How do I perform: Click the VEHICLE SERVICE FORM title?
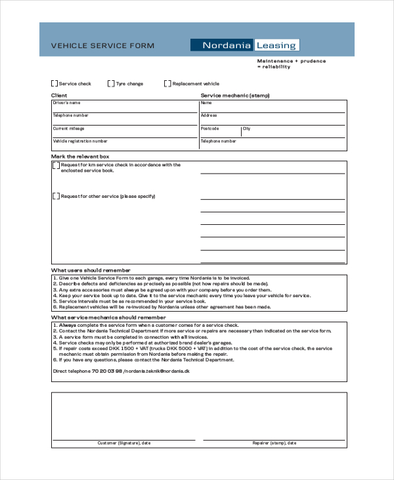point(103,45)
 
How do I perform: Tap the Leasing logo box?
point(276,45)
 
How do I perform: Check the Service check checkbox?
point(55,84)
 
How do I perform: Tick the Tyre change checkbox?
point(112,84)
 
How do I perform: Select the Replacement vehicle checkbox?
point(167,84)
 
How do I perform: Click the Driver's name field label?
point(66,103)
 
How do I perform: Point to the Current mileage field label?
point(68,128)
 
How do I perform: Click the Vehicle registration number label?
point(80,141)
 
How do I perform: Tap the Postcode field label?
point(209,128)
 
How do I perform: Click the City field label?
point(246,129)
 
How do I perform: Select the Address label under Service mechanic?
point(209,116)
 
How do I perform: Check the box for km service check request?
point(56,166)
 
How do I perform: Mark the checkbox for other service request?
point(56,196)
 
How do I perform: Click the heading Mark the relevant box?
point(80,156)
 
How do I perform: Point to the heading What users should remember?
point(91,270)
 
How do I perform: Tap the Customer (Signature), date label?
point(124,443)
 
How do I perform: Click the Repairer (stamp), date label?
point(274,443)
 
